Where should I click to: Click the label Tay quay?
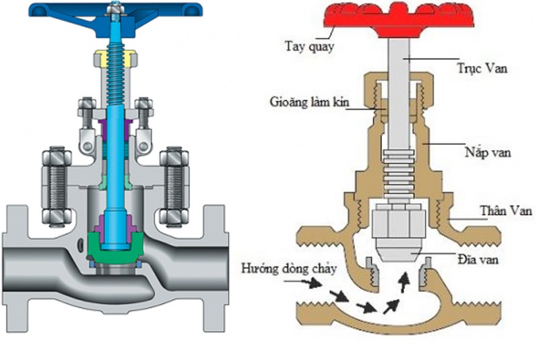pos(302,47)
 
